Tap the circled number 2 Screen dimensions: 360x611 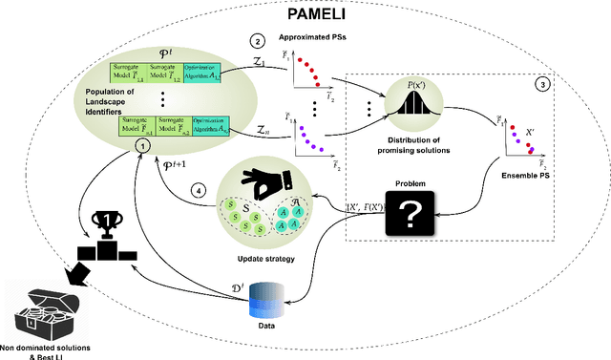click(255, 41)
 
